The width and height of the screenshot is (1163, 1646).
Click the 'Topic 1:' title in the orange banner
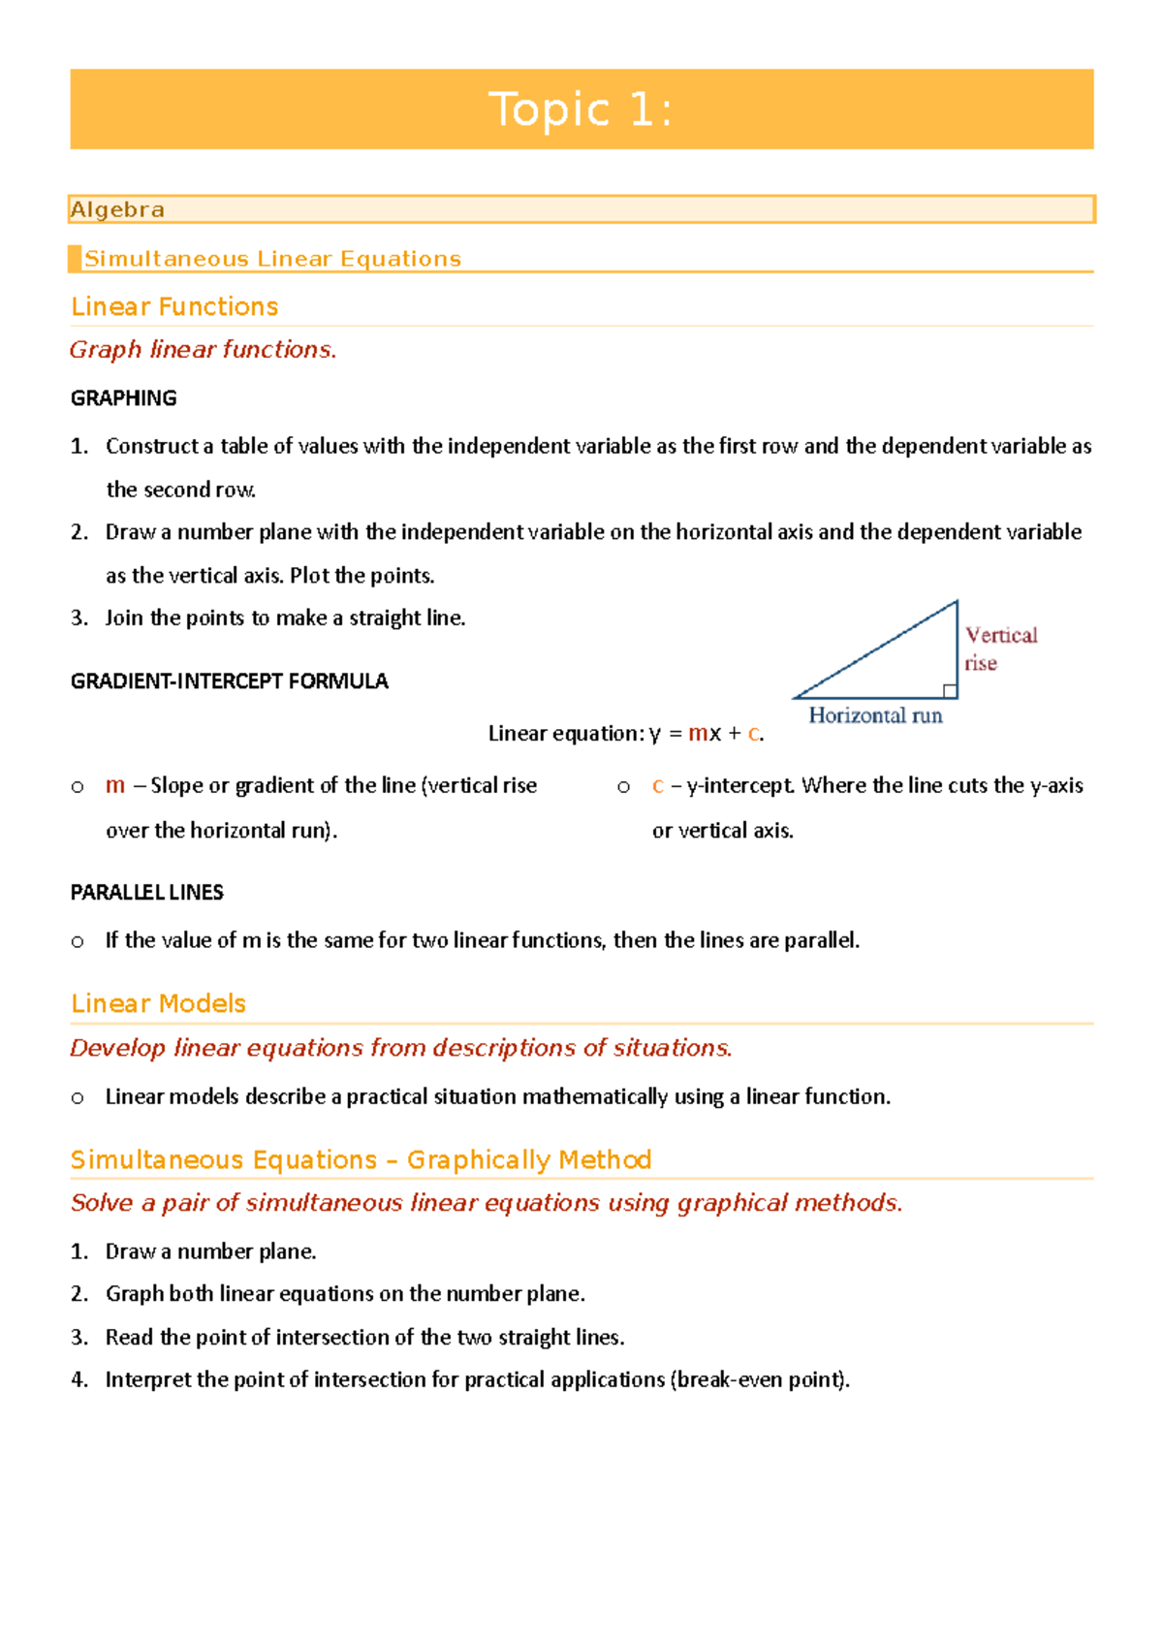coord(581,110)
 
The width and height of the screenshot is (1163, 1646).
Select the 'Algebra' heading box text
coord(117,209)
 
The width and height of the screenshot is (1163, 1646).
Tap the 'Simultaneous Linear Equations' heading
coord(272,259)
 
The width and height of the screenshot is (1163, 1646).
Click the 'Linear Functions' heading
coord(174,306)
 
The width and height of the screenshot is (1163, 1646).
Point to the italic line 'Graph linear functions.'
coord(203,349)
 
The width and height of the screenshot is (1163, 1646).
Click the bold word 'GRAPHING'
coord(123,398)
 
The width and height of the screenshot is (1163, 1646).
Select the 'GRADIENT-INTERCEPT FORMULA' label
coord(229,681)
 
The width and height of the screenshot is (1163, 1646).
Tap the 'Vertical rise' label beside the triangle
coord(999,649)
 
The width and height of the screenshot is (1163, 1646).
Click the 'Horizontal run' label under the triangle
coord(875,715)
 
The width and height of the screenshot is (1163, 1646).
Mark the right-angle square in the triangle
coord(950,691)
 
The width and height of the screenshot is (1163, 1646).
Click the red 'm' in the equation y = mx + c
coord(698,734)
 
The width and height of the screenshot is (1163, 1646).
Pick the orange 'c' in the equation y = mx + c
coord(753,734)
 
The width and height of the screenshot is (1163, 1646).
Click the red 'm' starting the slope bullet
coord(114,785)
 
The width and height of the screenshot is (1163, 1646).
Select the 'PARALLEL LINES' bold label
coord(146,893)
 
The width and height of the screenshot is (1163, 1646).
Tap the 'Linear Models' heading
coord(158,1003)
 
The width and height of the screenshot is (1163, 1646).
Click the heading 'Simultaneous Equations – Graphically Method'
coord(361,1159)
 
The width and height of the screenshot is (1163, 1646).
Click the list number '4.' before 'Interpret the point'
coord(79,1379)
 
